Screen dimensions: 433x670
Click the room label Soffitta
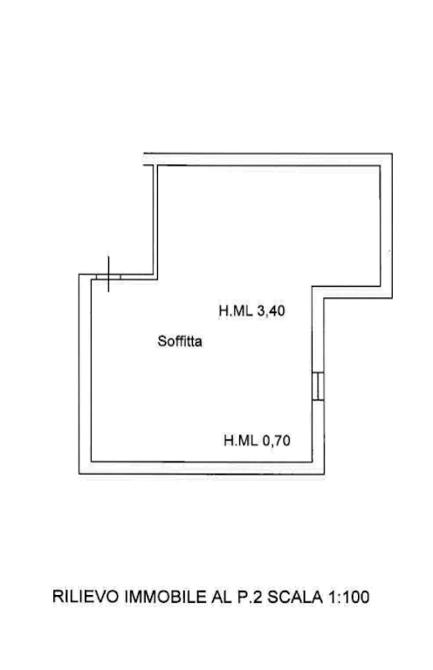(180, 341)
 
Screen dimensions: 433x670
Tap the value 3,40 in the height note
(271, 311)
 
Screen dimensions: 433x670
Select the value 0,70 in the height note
(276, 440)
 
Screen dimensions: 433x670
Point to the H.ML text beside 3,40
(236, 311)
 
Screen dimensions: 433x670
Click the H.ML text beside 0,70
(241, 440)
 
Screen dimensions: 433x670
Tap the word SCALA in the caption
(295, 597)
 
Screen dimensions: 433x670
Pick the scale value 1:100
(349, 597)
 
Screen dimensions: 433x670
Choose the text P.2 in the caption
(250, 597)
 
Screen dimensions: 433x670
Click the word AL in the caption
(222, 597)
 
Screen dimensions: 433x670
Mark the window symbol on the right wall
(318, 386)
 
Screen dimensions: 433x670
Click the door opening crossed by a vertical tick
(108, 277)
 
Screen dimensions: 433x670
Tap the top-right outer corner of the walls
(392, 154)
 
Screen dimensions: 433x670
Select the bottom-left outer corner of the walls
(79, 474)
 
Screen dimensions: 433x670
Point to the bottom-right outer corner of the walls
(325, 474)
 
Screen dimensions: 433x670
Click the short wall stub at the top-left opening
(148, 165)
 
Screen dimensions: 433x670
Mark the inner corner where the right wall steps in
(313, 286)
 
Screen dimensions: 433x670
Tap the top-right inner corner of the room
(380, 167)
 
